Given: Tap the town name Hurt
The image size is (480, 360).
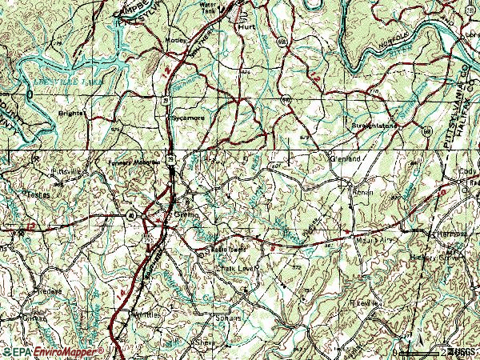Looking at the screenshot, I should coord(246,26).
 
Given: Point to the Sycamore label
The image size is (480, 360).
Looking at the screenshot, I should coord(188,118).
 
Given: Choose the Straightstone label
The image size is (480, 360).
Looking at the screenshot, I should coord(374,126).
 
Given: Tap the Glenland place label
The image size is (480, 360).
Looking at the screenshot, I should coord(346,158).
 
